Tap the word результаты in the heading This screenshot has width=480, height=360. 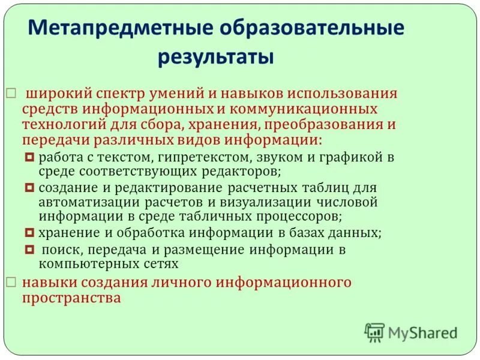pos(215,58)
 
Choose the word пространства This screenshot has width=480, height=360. pos(71,298)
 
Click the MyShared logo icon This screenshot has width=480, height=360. pos(374,332)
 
